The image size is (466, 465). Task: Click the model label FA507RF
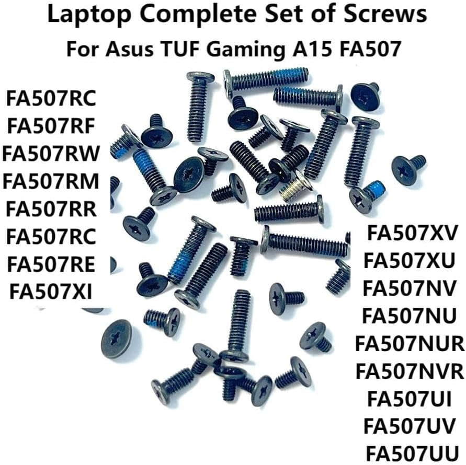click(x=51, y=125)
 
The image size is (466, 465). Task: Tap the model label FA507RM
click(x=51, y=181)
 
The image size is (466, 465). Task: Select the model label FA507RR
click(x=51, y=209)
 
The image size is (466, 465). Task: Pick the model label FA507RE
click(x=51, y=264)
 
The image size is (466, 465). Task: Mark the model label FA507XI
click(x=51, y=292)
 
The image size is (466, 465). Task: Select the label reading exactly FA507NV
click(x=410, y=288)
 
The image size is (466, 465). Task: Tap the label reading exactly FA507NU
click(x=410, y=316)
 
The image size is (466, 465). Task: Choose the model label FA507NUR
click(x=410, y=344)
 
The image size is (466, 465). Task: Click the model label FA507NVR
click(x=410, y=372)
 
